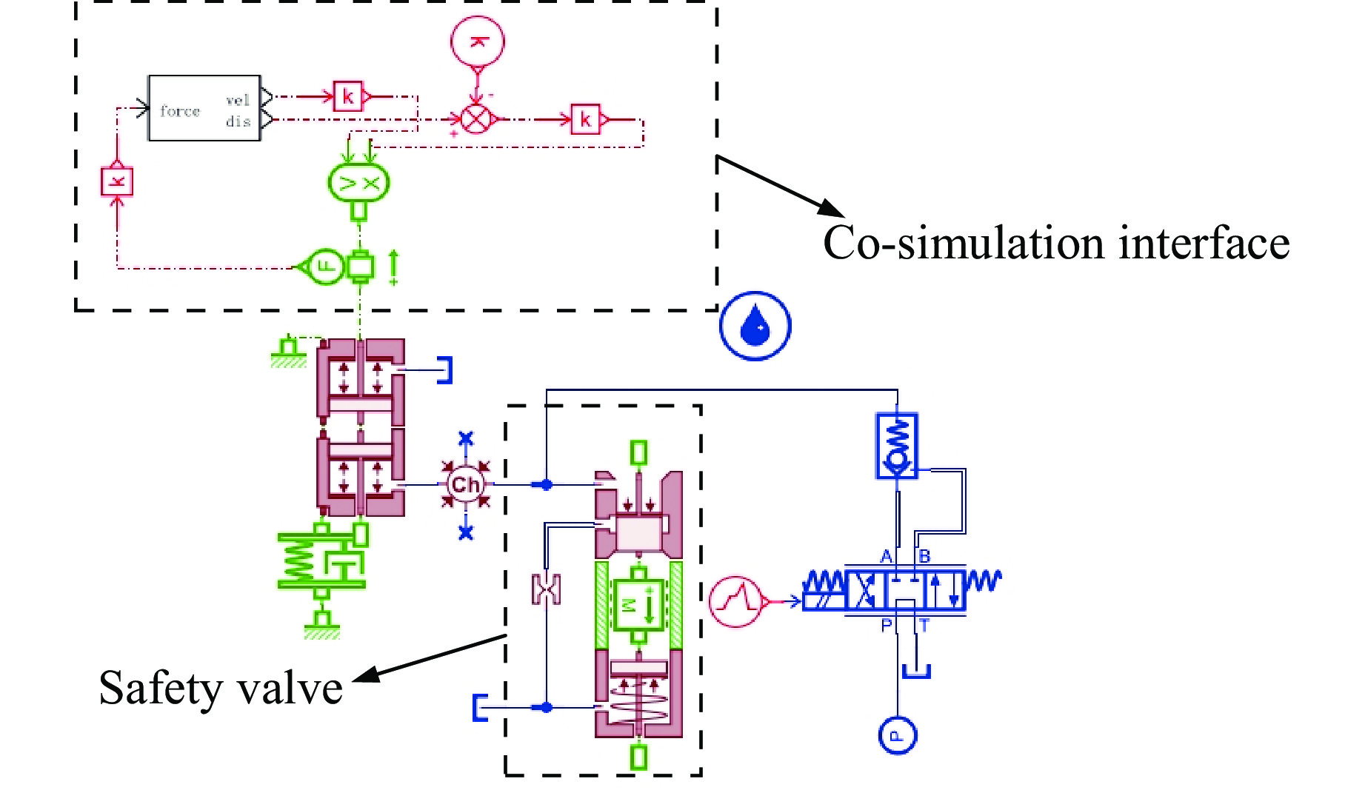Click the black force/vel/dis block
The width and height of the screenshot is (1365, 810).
coord(204,108)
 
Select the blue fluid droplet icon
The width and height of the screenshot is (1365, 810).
coord(755,326)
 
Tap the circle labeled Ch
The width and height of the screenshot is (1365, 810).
coord(465,485)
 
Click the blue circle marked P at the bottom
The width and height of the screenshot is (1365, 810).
coord(897,735)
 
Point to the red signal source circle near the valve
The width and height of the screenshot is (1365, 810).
coord(735,602)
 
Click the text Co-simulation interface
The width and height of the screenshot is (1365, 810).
coord(1056,244)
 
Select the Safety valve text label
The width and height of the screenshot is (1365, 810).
coord(221,688)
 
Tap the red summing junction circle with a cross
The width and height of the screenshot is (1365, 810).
coord(476,118)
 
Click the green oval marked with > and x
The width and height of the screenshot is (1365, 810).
coord(358,183)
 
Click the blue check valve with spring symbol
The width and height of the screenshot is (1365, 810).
coord(897,446)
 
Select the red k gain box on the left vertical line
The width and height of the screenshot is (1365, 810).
coord(117,181)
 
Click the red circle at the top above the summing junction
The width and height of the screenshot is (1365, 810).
coord(478,41)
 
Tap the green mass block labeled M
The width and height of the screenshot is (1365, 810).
coord(638,603)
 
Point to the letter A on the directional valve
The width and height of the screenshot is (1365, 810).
coord(886,557)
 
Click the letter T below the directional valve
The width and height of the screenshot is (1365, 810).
coord(924,626)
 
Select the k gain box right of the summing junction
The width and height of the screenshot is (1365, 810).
coord(585,119)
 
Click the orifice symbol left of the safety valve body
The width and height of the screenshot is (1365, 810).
coord(547,589)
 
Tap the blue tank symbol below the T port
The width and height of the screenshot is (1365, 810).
coord(916,671)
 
